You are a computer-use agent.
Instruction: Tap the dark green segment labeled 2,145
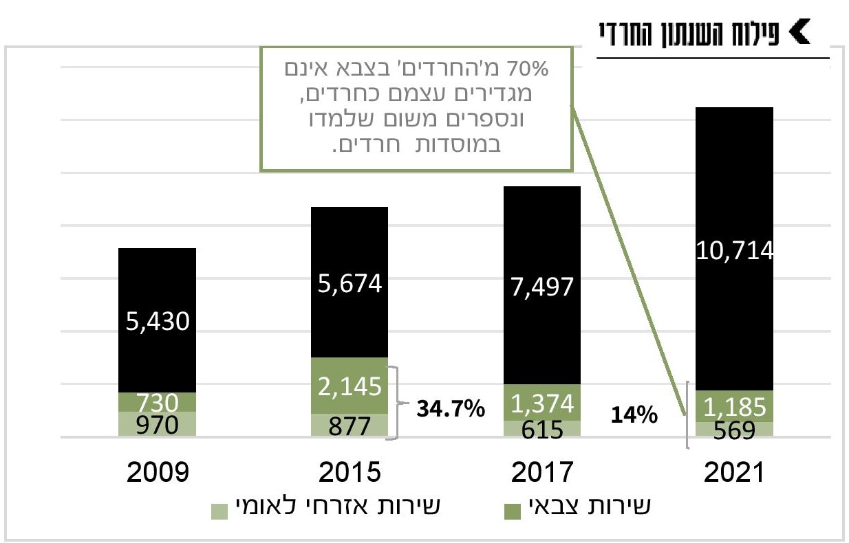tap(350, 386)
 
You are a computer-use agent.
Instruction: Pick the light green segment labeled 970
tap(157, 424)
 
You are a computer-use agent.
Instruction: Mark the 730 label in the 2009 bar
tap(157, 401)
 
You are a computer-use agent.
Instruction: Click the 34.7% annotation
tap(451, 410)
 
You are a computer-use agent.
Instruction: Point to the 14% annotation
tap(633, 415)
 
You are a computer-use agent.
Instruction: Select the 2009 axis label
tap(157, 474)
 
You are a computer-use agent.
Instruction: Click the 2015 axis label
tap(350, 474)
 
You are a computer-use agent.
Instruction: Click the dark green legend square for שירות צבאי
tap(513, 511)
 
